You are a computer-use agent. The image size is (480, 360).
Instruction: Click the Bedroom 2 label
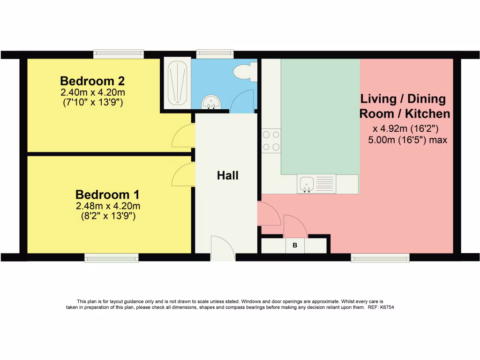pyautogui.click(x=92, y=81)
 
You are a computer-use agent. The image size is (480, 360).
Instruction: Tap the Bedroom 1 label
pyautogui.click(x=107, y=195)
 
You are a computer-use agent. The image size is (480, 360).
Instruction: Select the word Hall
pyautogui.click(x=227, y=175)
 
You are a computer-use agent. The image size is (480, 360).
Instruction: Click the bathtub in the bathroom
pyautogui.click(x=178, y=83)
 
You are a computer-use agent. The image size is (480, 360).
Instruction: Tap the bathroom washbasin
pyautogui.click(x=211, y=102)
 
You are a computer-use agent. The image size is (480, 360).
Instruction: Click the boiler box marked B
pyautogui.click(x=295, y=246)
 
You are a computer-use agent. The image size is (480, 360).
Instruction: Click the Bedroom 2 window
pyautogui.click(x=119, y=54)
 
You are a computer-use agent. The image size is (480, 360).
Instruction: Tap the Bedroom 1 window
pyautogui.click(x=112, y=258)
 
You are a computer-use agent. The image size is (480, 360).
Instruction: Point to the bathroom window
pyautogui.click(x=215, y=54)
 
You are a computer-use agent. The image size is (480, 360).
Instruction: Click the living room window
pyautogui.click(x=380, y=258)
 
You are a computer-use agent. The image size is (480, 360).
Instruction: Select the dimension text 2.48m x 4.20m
pyautogui.click(x=108, y=206)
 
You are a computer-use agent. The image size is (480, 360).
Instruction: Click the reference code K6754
pyautogui.click(x=387, y=307)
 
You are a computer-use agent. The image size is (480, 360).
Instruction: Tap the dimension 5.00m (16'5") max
pyautogui.click(x=407, y=140)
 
